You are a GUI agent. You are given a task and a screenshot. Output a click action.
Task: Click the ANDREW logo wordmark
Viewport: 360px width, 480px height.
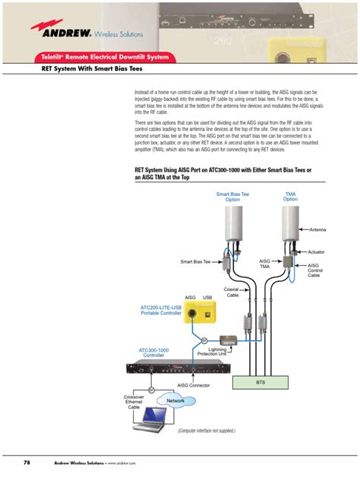click(64, 33)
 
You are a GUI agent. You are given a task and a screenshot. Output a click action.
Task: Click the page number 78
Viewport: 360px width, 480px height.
click(27, 463)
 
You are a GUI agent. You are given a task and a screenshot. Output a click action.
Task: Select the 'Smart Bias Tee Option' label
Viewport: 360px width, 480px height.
click(232, 197)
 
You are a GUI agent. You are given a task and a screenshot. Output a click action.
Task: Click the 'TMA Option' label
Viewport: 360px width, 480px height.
click(290, 197)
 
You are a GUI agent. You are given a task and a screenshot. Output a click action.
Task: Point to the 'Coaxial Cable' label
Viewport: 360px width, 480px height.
click(232, 292)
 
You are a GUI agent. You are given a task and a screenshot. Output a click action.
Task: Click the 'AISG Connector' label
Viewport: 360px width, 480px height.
click(194, 385)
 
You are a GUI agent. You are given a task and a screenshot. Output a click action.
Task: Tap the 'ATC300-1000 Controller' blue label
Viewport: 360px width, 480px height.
click(153, 353)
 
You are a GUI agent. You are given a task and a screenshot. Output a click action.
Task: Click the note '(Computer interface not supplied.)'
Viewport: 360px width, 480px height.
click(206, 430)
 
